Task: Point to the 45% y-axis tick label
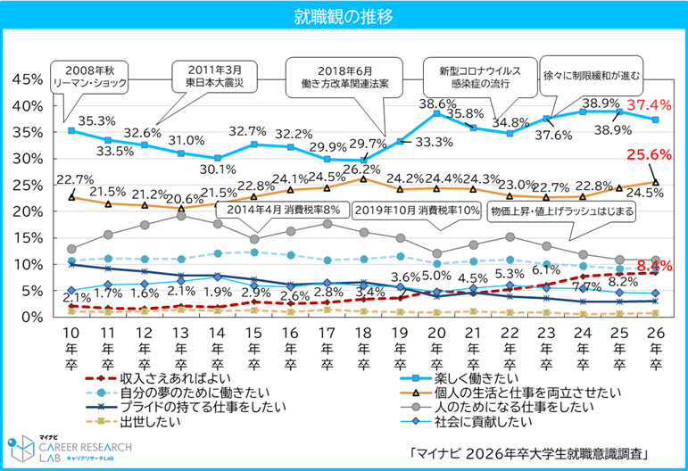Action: pos(26,79)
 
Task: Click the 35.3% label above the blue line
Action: pos(92,120)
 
